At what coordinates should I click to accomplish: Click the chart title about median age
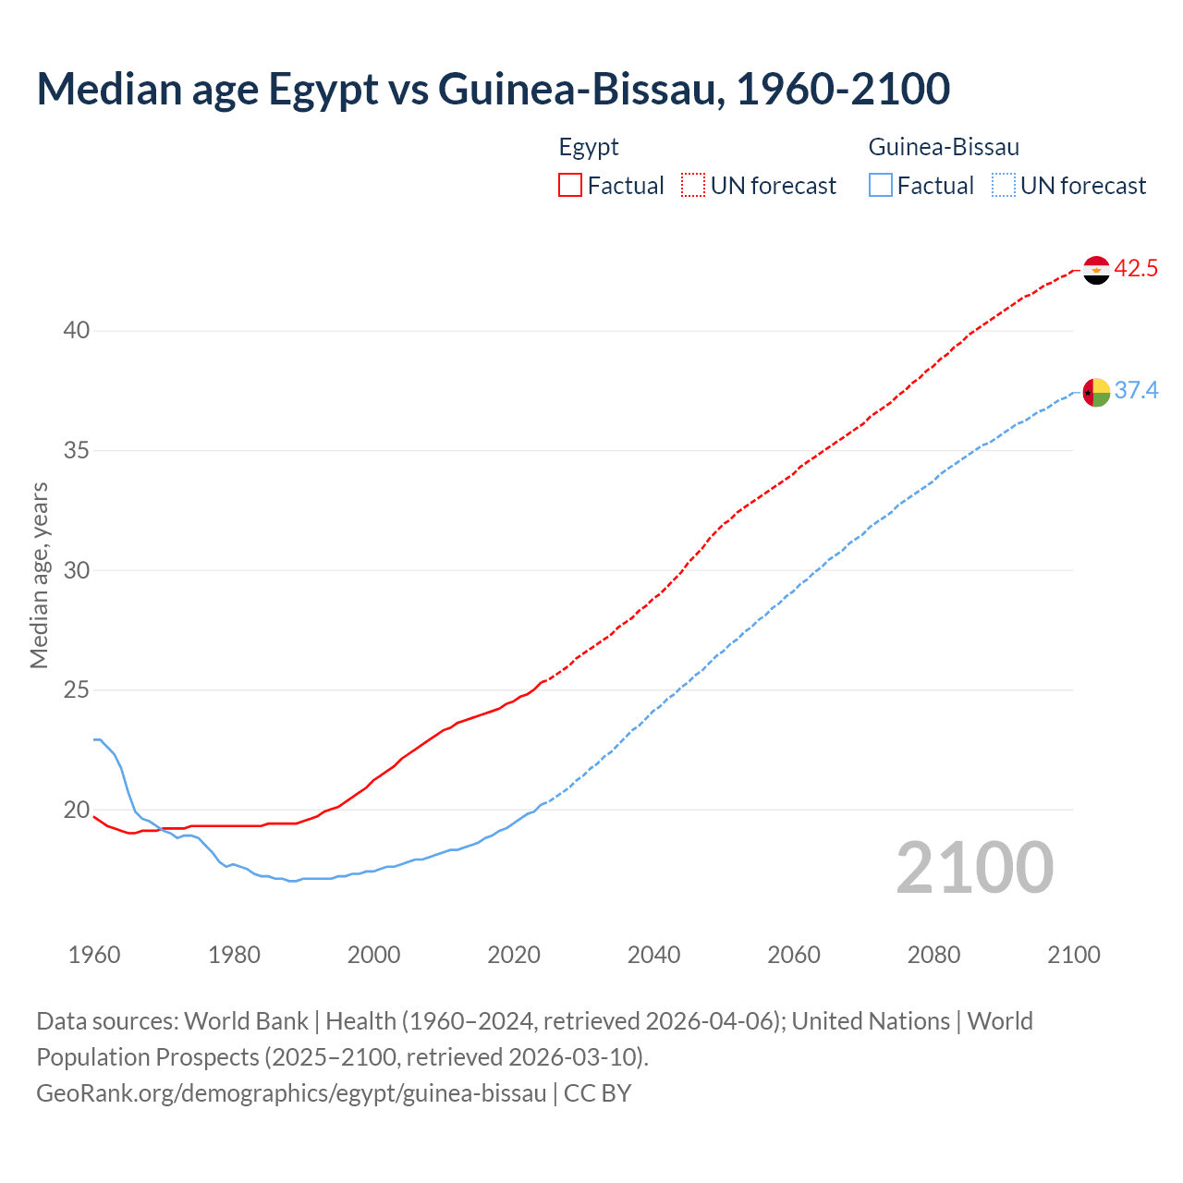coord(493,89)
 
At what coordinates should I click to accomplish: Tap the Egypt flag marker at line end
coord(1095,270)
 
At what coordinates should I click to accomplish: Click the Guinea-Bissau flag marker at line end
coord(1095,392)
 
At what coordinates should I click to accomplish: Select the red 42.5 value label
coord(1136,269)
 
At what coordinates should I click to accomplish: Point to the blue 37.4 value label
coord(1136,391)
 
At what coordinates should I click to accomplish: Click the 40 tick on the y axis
coord(77,331)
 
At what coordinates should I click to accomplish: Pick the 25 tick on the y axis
coord(77,690)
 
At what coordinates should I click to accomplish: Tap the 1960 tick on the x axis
coord(94,955)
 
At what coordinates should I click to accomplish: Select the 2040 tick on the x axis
coord(653,955)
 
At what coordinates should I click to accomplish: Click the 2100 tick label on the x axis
coord(1073,955)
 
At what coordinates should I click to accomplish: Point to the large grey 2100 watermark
coord(974,867)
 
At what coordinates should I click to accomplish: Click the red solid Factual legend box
coord(570,186)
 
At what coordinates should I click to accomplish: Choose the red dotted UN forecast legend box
coord(693,186)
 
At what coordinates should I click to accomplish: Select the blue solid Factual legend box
coord(881,186)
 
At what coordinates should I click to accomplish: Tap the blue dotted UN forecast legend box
coord(1003,186)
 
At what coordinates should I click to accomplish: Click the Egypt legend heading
coord(589,147)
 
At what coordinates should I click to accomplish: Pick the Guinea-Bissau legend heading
coord(944,147)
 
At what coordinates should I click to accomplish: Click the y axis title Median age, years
coord(39,575)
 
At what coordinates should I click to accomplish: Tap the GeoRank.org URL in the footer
coord(291,1093)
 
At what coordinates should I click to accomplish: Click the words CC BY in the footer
coord(598,1093)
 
